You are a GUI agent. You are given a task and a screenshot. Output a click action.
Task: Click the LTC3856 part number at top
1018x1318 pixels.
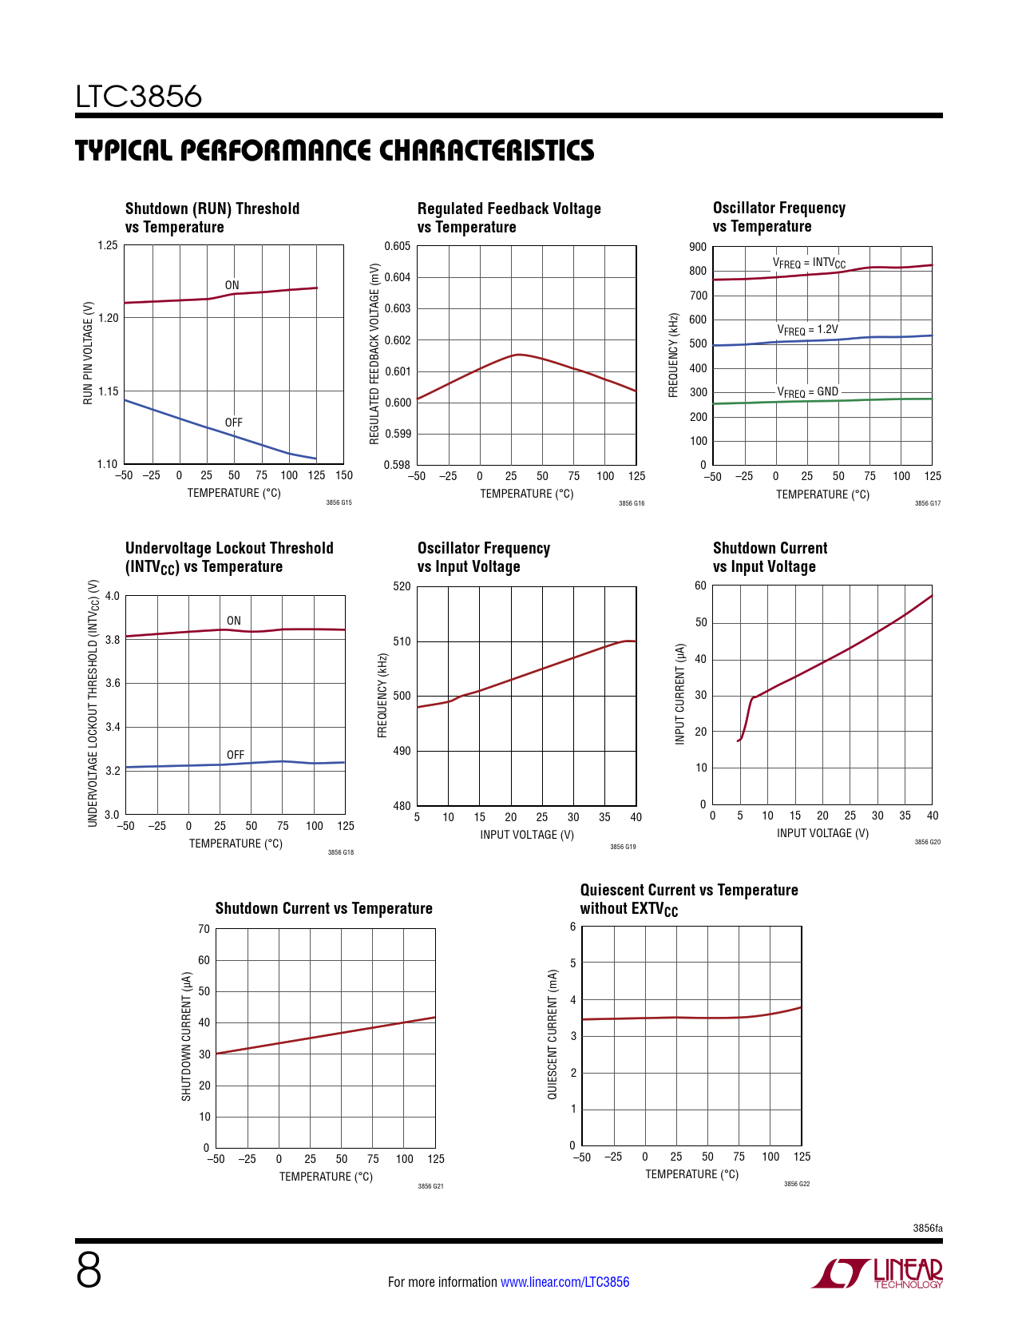pyautogui.click(x=139, y=97)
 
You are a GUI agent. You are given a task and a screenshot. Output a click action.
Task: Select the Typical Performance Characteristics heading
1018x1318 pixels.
pyautogui.click(x=335, y=150)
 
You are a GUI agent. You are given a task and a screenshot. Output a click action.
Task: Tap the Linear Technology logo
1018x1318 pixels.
pyautogui.click(x=877, y=1273)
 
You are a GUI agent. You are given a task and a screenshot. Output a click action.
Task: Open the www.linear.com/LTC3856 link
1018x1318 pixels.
pyautogui.click(x=564, y=1282)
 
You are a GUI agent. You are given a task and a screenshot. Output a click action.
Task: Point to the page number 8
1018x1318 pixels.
pyautogui.click(x=89, y=1270)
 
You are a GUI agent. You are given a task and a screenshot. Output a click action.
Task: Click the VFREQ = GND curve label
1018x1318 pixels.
pyautogui.click(x=807, y=392)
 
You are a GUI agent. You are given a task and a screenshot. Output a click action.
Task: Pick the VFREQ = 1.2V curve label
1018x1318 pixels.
pyautogui.click(x=807, y=330)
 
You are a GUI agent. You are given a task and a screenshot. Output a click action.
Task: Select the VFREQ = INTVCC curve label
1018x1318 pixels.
pyautogui.click(x=808, y=263)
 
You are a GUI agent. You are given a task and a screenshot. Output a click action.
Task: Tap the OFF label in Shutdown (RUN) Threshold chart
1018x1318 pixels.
pyautogui.click(x=233, y=423)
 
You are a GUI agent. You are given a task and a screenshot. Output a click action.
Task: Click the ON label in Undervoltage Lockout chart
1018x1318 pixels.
pyautogui.click(x=233, y=621)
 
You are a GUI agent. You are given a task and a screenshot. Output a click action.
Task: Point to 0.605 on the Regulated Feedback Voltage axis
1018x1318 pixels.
pyautogui.click(x=397, y=246)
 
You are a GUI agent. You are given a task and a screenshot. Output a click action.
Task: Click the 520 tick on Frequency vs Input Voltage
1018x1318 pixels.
pyautogui.click(x=402, y=586)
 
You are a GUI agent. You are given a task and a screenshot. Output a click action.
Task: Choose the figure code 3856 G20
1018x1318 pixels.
pyautogui.click(x=927, y=842)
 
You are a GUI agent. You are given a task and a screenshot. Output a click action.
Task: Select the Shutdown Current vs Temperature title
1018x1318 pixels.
pyautogui.click(x=323, y=908)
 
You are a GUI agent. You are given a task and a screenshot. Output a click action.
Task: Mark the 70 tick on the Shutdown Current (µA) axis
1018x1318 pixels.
pyautogui.click(x=204, y=929)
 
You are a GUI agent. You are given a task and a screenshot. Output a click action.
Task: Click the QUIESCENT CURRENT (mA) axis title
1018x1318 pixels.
pyautogui.click(x=552, y=1034)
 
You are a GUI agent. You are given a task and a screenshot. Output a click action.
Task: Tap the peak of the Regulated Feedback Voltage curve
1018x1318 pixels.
pyautogui.click(x=519, y=354)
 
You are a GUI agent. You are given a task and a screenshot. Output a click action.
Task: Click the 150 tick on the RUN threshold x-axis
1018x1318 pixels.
pyautogui.click(x=344, y=475)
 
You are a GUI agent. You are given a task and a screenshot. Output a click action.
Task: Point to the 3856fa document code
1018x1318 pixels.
pyautogui.click(x=927, y=1229)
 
